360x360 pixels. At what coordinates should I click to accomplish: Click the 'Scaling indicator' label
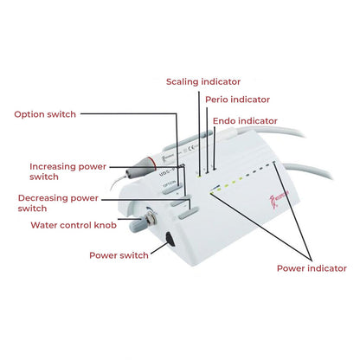coord(203,81)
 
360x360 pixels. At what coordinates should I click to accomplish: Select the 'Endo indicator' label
coord(245,121)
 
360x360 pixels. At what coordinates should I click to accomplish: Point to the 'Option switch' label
coord(45,114)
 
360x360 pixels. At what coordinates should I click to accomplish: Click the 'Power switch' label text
coord(119,254)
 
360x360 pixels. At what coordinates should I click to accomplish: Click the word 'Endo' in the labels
coord(226,121)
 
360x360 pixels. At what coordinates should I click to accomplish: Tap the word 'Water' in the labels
coord(45,225)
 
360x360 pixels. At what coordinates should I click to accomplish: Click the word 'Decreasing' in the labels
coord(44,197)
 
